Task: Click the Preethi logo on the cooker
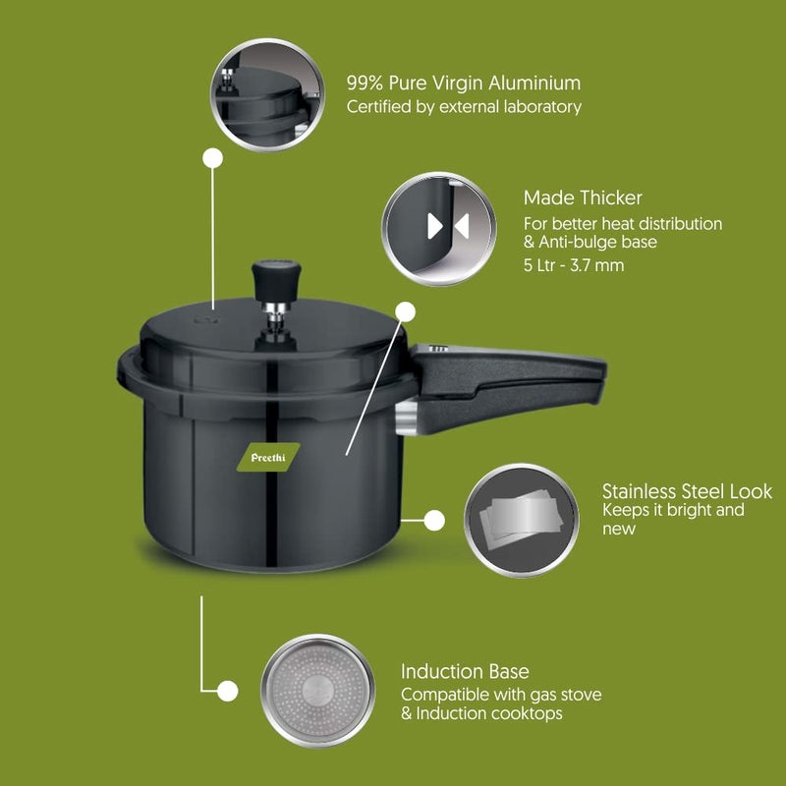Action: pyautogui.click(x=266, y=458)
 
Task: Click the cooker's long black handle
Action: pyautogui.click(x=511, y=378)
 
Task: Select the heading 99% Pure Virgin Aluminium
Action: pyautogui.click(x=463, y=84)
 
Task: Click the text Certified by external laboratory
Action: pyautogui.click(x=464, y=107)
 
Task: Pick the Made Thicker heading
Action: pyautogui.click(x=583, y=198)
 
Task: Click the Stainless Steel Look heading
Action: pyautogui.click(x=687, y=490)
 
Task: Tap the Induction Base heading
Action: pyautogui.click(x=465, y=672)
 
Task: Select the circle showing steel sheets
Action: pyautogui.click(x=521, y=521)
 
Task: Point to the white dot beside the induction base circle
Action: pyautogui.click(x=227, y=690)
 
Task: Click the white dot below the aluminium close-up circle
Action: pyautogui.click(x=212, y=157)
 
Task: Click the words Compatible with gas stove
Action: pyautogui.click(x=501, y=695)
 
